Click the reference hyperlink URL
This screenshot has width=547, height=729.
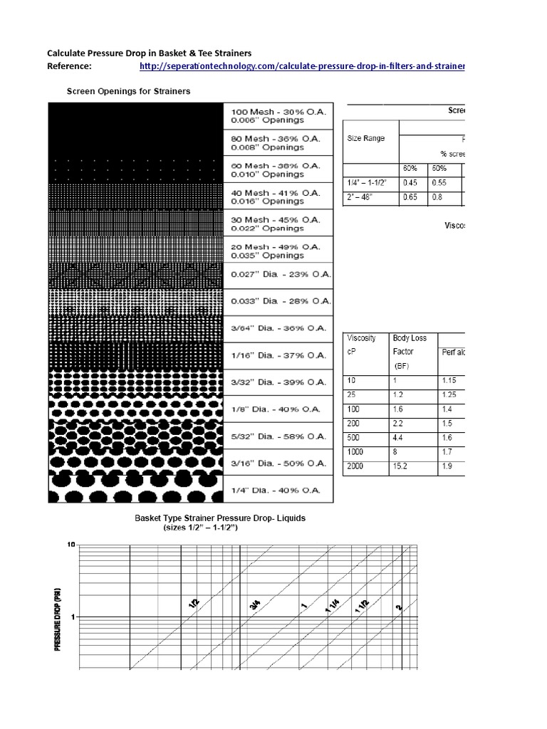302,66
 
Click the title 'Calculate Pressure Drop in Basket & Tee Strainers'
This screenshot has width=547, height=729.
149,53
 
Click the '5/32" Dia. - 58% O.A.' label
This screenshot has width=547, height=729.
278,436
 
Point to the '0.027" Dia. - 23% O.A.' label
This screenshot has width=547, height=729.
278,276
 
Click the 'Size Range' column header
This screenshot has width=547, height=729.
366,138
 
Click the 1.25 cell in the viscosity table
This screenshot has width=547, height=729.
449,394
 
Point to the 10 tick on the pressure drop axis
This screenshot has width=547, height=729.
71,545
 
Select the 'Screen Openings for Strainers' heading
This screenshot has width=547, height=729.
128,91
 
